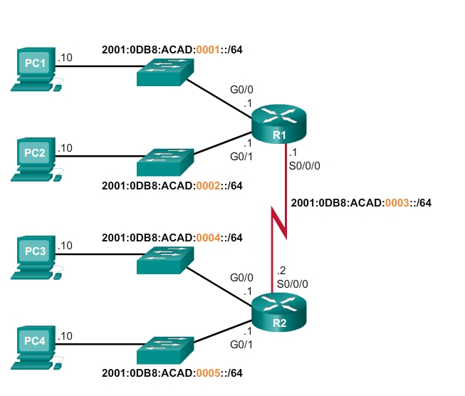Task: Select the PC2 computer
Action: click(x=35, y=158)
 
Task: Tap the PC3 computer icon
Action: click(x=35, y=256)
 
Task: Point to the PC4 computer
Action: click(x=35, y=347)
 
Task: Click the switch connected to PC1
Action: click(x=166, y=71)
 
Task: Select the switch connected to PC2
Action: click(x=166, y=161)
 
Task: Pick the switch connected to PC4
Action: click(x=166, y=350)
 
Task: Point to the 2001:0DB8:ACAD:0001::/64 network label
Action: click(x=173, y=50)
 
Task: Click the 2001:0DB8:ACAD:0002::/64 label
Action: click(x=173, y=186)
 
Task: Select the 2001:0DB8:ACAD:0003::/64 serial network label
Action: click(x=361, y=202)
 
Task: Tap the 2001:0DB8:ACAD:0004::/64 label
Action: click(x=173, y=237)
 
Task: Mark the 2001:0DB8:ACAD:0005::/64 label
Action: click(x=173, y=373)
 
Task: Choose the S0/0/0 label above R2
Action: click(x=292, y=283)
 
